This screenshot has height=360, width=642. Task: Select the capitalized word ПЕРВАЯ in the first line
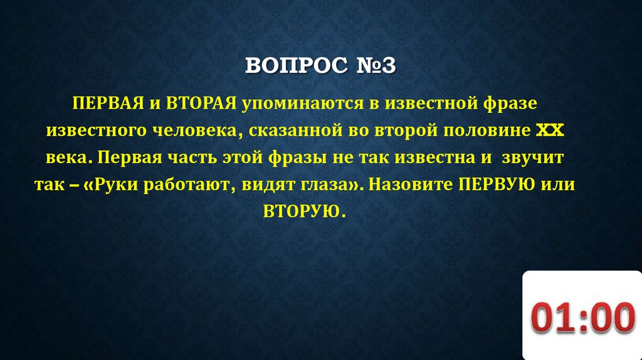click(105, 102)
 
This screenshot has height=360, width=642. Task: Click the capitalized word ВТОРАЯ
click(197, 102)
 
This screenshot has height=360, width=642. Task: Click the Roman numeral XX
click(551, 130)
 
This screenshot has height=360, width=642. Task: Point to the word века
click(68, 158)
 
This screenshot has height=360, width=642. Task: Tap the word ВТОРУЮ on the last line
click(301, 213)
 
